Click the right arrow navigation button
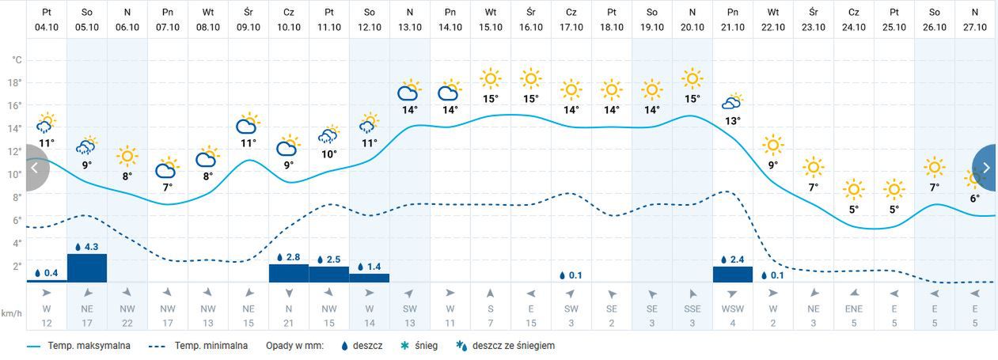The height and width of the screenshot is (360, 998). click(986, 168)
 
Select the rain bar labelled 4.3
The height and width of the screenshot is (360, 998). click(87, 267)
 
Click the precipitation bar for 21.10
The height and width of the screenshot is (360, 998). click(732, 274)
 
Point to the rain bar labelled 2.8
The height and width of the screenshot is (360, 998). click(288, 273)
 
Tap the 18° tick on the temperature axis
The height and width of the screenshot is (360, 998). click(15, 83)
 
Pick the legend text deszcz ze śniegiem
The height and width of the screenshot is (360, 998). click(513, 346)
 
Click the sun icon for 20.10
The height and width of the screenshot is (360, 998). click(692, 78)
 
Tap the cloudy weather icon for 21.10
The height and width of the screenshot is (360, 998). click(732, 102)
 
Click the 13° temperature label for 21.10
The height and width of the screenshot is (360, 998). click(732, 121)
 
